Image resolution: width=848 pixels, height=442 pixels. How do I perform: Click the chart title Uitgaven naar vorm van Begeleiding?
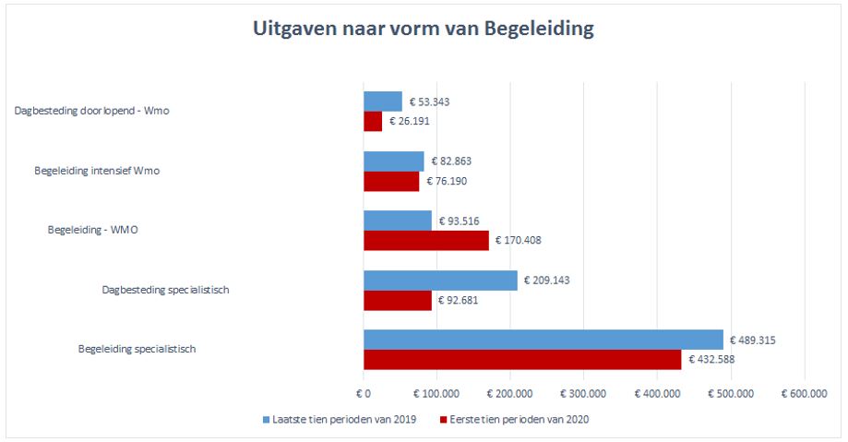424,30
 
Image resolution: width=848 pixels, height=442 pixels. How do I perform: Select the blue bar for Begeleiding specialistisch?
543,340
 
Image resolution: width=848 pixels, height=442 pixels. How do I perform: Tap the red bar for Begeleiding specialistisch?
522,360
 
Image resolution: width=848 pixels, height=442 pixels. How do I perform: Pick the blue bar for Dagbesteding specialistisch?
440,281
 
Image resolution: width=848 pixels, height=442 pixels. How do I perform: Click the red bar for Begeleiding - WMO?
426,241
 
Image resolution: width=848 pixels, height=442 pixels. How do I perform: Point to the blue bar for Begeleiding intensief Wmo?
394,161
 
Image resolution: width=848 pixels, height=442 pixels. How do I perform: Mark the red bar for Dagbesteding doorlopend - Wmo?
373,121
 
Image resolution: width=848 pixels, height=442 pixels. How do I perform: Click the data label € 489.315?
752,340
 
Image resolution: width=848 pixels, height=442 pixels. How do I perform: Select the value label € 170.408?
519,241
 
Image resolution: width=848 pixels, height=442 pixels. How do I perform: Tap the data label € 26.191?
411,121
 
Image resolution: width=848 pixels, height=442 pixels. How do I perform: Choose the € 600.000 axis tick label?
805,394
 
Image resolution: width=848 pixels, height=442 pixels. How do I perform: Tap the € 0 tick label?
364,394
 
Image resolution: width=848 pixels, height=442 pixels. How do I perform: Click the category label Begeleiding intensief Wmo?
97,171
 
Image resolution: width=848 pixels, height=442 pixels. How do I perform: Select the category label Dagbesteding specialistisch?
165,290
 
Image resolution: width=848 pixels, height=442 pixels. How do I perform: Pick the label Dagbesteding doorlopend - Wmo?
91,111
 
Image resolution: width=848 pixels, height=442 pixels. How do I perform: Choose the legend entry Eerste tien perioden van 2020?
518,420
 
